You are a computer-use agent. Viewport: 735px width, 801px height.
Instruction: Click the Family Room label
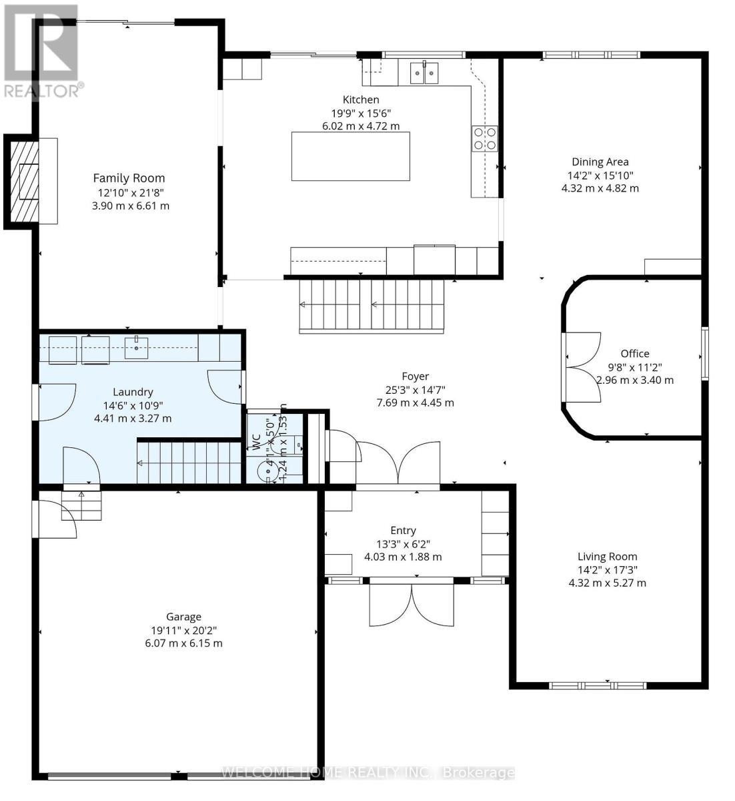coord(129,178)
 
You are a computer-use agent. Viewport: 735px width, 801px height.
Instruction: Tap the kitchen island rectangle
coord(351,156)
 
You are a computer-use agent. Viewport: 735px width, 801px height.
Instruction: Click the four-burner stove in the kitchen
coord(485,138)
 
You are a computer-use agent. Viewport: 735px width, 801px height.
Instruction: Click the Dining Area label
coord(600,162)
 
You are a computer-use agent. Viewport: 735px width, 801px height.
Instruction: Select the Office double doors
coord(582,368)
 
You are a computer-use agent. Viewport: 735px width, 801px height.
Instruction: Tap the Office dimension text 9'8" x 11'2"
coord(634,366)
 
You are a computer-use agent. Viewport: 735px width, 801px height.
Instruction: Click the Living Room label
coord(607,556)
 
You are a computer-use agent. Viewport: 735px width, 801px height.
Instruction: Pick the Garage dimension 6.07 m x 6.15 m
coord(184,643)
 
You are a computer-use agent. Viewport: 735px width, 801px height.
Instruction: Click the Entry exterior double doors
coord(412,605)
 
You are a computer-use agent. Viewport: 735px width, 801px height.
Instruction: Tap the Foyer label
coord(415,376)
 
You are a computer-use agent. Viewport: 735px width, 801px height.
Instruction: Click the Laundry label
coord(133,392)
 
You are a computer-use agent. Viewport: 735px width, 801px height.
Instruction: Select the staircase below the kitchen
coord(372,305)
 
